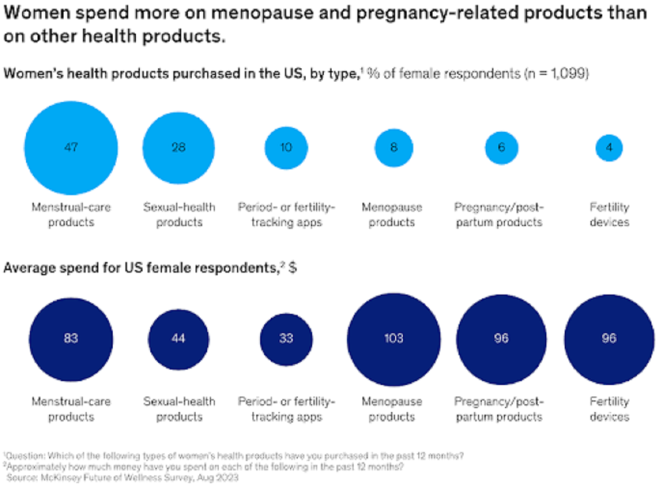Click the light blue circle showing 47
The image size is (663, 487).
point(71,147)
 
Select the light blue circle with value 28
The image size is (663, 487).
point(178,147)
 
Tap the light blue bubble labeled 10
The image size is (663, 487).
point(286,147)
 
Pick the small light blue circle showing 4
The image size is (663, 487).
point(609,147)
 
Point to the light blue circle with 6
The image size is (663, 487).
point(501,147)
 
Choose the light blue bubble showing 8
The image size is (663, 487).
point(393,147)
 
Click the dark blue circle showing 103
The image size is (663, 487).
point(393,338)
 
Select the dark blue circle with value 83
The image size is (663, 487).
point(71,338)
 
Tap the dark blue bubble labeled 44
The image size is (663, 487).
point(178,338)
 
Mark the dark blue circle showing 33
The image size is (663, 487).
point(286,338)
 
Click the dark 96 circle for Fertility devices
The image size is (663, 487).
point(609,338)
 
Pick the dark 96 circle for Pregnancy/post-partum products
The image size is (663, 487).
point(501,338)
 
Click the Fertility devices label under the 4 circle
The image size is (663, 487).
point(609,215)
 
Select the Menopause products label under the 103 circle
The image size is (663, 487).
point(392,409)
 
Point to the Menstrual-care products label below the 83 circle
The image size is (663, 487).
point(71,409)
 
